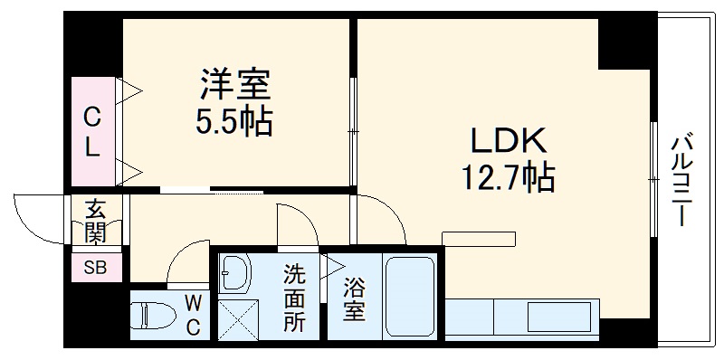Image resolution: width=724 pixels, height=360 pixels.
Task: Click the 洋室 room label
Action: click(236, 87)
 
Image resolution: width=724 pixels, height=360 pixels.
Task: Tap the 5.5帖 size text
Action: click(235, 122)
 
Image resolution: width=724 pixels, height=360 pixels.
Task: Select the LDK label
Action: click(507, 141)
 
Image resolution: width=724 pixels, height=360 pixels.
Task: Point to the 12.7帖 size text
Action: click(507, 177)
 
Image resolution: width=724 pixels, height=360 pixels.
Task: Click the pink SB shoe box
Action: click(94, 268)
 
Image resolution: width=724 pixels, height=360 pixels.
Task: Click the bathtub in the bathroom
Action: click(413, 297)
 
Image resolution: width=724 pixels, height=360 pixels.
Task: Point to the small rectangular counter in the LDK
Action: click(477, 237)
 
